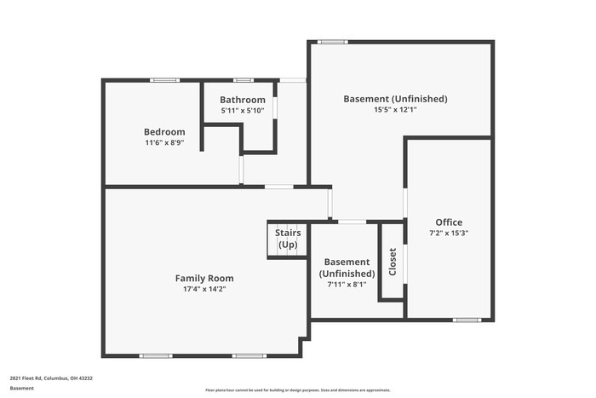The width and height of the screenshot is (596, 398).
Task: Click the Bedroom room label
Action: [x=164, y=132]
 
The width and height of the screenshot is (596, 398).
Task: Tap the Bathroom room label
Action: [x=243, y=100]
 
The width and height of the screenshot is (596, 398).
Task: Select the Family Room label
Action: [x=204, y=278]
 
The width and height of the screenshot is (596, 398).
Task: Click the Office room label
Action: [x=449, y=222]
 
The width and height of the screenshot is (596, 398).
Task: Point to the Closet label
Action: [x=393, y=261]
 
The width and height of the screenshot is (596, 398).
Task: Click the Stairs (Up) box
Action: [x=287, y=239]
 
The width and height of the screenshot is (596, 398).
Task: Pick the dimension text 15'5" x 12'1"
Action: [x=395, y=110]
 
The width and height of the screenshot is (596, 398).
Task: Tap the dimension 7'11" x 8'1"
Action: [x=347, y=285]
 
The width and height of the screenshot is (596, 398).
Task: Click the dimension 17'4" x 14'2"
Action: [x=204, y=289]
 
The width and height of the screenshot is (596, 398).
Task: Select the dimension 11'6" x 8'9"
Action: [x=164, y=143]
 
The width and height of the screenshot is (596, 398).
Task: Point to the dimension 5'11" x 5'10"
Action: [x=243, y=111]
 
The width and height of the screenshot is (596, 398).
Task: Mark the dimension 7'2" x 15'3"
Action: [x=449, y=234]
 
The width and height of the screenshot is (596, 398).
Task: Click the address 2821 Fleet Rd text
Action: [x=51, y=378]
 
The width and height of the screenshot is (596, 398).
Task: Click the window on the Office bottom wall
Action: [x=467, y=320]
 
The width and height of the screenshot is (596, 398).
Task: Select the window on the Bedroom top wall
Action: [x=164, y=80]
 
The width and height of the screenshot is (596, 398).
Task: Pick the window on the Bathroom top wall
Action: [x=243, y=80]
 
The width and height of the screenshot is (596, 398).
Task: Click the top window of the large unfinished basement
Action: [x=332, y=41]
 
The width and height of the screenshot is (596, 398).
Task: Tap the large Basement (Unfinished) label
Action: [x=395, y=99]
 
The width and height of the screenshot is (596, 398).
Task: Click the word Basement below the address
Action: [x=22, y=389]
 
